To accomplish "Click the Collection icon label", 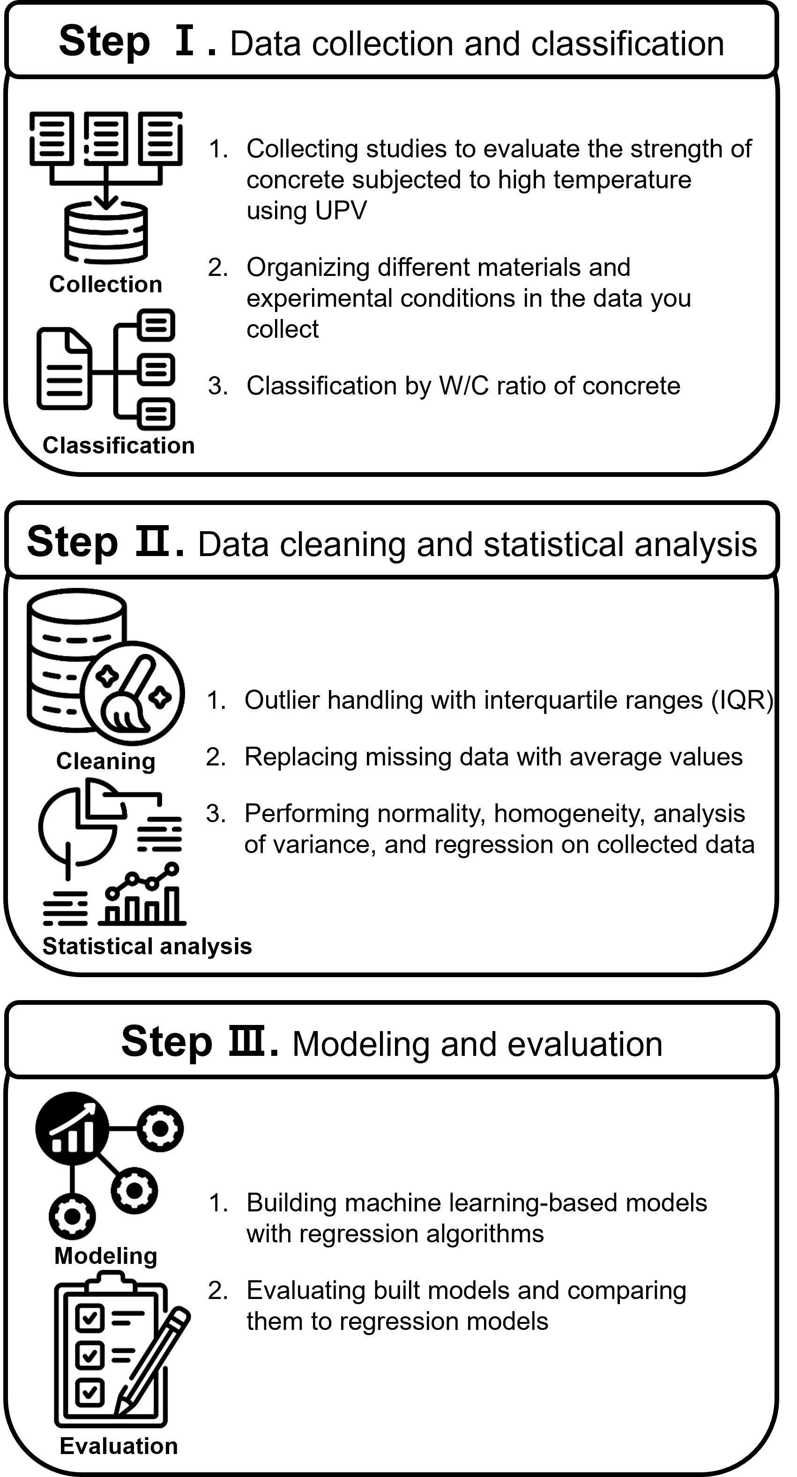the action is click(105, 284).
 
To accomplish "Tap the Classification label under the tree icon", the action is click(119, 445).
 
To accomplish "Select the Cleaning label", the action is click(106, 761).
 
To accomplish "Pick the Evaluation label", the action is click(119, 1446).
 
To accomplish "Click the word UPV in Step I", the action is click(307, 211).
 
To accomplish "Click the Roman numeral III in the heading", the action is click(247, 1042).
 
